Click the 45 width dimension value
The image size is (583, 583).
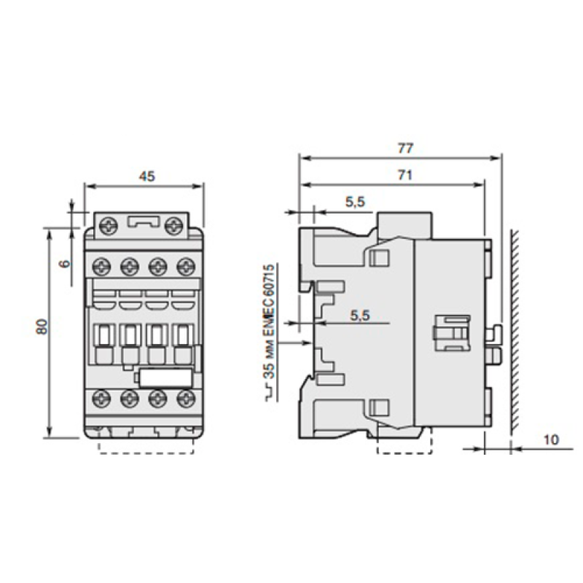click(x=147, y=176)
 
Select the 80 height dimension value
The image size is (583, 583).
click(x=43, y=326)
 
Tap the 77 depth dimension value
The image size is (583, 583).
click(x=405, y=149)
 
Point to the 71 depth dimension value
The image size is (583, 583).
click(x=405, y=175)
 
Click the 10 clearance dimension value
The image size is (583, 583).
click(x=551, y=440)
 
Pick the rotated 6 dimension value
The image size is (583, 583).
click(x=65, y=264)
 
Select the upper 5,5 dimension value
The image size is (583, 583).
click(x=356, y=202)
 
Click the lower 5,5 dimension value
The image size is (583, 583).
click(x=360, y=316)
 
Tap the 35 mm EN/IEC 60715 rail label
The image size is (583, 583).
click(x=270, y=321)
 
